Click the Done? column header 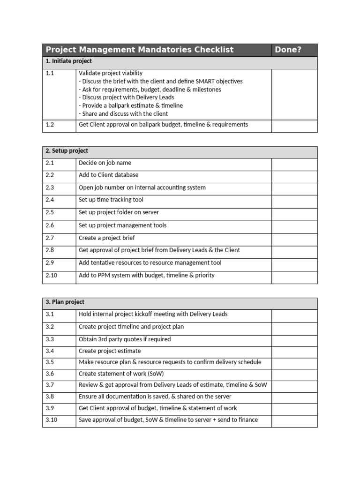pyautogui.click(x=288, y=50)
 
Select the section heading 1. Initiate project pyautogui.click(x=69, y=61)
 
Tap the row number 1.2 pyautogui.click(x=50, y=125)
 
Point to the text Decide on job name pyautogui.click(x=105, y=163)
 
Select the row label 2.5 pyautogui.click(x=50, y=212)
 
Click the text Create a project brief pyautogui.click(x=106, y=238)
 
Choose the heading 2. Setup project pyautogui.click(x=67, y=151)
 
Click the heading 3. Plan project pyautogui.click(x=65, y=302)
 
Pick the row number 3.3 pyautogui.click(x=50, y=339)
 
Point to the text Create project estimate pyautogui.click(x=110, y=351)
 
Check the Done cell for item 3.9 pyautogui.click(x=294, y=408)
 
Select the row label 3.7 pyautogui.click(x=50, y=385)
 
